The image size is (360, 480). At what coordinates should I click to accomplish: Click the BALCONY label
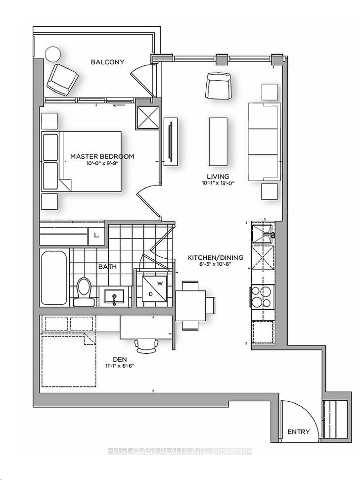[x=107, y=62]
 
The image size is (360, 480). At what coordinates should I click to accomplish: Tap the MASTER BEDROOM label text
[x=102, y=156]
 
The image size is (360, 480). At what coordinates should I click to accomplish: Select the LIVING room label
[x=218, y=177]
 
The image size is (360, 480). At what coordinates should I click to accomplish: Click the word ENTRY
[x=299, y=432]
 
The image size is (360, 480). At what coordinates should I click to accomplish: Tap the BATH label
[x=107, y=267]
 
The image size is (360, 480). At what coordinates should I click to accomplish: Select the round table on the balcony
[x=52, y=54]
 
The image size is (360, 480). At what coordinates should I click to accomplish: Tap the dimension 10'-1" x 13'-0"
[x=218, y=184]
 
